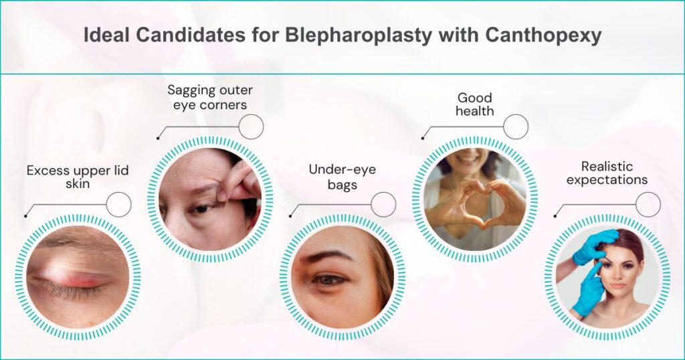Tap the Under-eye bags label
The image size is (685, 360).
click(x=342, y=177)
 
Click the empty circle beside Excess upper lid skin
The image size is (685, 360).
click(x=118, y=204)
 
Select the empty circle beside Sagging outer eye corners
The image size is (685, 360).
click(x=251, y=126)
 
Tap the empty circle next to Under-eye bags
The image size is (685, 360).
click(x=383, y=204)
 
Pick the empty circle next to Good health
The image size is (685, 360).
click(x=515, y=126)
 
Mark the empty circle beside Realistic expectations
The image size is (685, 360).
click(x=648, y=204)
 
